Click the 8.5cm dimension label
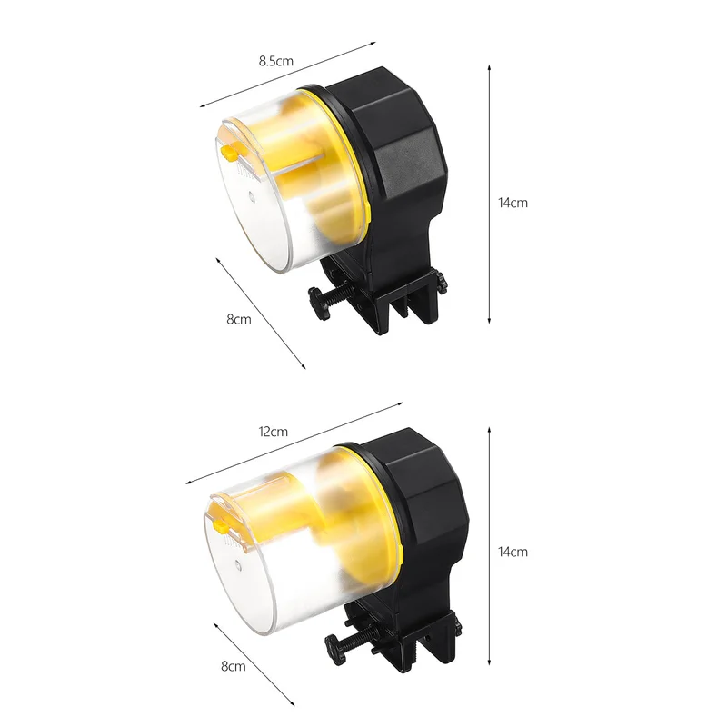tap(276, 61)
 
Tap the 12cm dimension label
tap(274, 432)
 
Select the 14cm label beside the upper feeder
tap(513, 203)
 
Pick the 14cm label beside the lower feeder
tap(513, 552)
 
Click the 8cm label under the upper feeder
tap(239, 320)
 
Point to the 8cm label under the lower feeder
tap(234, 666)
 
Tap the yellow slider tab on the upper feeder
tap(230, 153)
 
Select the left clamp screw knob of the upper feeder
tap(319, 304)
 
